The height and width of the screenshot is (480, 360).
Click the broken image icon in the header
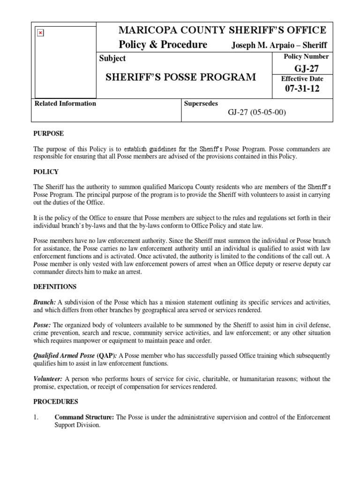click(x=40, y=33)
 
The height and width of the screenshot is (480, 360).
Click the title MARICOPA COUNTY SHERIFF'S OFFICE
click(x=223, y=30)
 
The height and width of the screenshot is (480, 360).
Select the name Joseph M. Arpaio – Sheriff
click(x=279, y=45)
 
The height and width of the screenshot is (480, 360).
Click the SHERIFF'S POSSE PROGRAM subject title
click(x=178, y=77)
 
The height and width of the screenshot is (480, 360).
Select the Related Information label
click(x=66, y=104)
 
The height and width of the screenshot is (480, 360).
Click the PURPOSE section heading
click(x=48, y=134)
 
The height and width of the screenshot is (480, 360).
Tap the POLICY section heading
click(x=45, y=172)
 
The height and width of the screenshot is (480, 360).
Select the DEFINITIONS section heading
click(x=55, y=286)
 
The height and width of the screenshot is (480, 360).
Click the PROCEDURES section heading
click(x=56, y=402)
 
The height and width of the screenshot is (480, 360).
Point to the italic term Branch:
click(x=45, y=302)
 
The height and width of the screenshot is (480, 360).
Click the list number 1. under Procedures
click(x=36, y=417)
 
